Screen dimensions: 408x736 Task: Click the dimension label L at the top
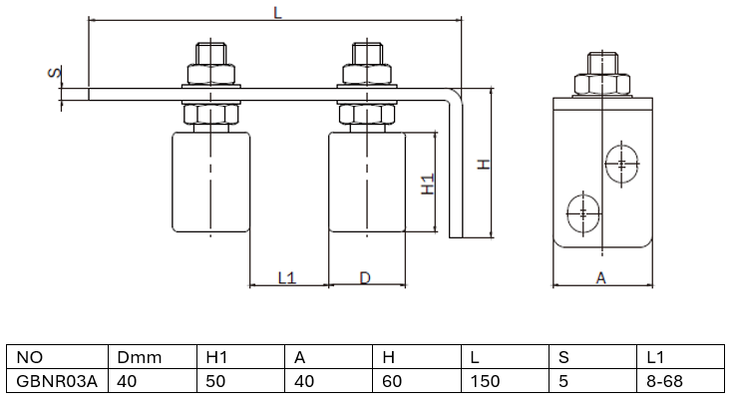click(x=276, y=11)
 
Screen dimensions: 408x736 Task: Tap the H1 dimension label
click(x=428, y=184)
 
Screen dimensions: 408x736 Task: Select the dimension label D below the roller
click(x=365, y=278)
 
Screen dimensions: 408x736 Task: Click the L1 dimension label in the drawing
click(x=287, y=278)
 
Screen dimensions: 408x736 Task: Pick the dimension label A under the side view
click(x=601, y=278)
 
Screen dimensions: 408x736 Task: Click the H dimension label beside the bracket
click(x=483, y=164)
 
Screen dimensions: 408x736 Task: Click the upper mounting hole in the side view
click(x=622, y=165)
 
